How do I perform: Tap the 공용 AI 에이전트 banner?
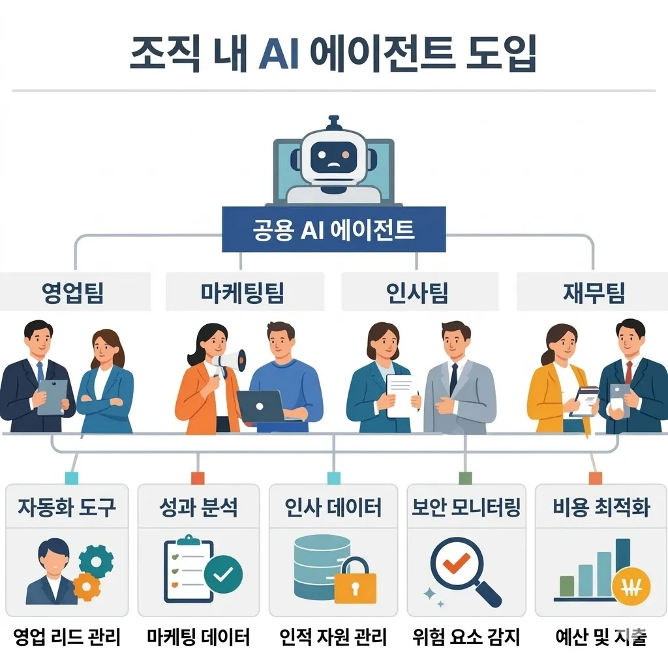[x=333, y=229]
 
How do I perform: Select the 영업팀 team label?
[x=73, y=292]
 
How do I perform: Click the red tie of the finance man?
[x=628, y=372]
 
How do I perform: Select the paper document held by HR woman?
[x=401, y=396]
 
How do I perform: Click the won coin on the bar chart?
[x=631, y=587]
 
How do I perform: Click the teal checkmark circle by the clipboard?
[x=223, y=574]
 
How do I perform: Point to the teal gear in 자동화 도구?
[x=97, y=562]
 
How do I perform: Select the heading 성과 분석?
[x=198, y=507]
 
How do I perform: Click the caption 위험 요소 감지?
[x=466, y=637]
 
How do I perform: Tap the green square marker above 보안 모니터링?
[x=465, y=478]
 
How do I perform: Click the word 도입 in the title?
[x=501, y=53]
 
